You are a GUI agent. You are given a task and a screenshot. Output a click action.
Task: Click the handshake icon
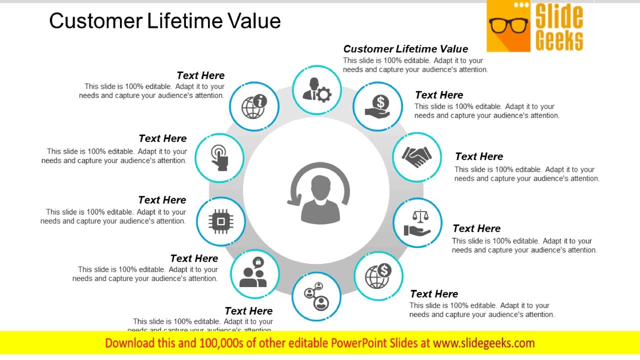[417, 156]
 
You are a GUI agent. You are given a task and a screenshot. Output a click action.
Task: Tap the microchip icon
[220, 221]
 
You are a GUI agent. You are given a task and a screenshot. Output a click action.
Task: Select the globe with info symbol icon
[254, 106]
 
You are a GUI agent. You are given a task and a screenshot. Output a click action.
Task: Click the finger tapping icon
[219, 157]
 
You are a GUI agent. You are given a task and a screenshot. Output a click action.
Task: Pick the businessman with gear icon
[316, 90]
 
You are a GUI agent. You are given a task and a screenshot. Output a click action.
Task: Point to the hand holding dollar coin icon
[377, 106]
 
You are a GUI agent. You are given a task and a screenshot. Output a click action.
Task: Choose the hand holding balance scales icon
[417, 223]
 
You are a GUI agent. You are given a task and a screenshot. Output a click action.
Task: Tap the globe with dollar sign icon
[378, 276]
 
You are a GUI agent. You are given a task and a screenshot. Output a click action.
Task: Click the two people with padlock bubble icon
[254, 273]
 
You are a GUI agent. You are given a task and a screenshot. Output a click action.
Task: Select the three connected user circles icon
[316, 296]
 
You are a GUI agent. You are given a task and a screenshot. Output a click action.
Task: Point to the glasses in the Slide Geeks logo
[508, 25]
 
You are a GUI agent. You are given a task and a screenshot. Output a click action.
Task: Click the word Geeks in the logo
[559, 40]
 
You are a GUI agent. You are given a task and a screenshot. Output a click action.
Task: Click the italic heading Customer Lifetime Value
[405, 49]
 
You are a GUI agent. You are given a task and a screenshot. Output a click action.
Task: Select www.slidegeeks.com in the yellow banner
[483, 343]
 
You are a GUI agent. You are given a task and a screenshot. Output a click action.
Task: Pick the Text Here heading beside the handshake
[478, 156]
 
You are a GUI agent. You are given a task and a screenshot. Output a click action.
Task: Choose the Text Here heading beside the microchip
[162, 200]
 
